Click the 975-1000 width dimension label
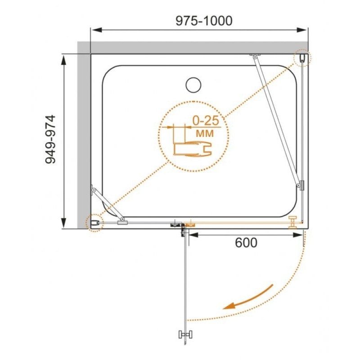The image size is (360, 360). (x=204, y=21)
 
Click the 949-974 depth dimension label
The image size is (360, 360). (x=50, y=139)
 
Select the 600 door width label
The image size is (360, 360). (x=246, y=243)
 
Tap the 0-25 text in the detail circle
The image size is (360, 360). (x=206, y=121)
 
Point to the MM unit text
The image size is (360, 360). (x=205, y=133)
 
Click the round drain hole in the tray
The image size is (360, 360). (x=193, y=85)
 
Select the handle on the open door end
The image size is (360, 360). (x=185, y=334)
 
